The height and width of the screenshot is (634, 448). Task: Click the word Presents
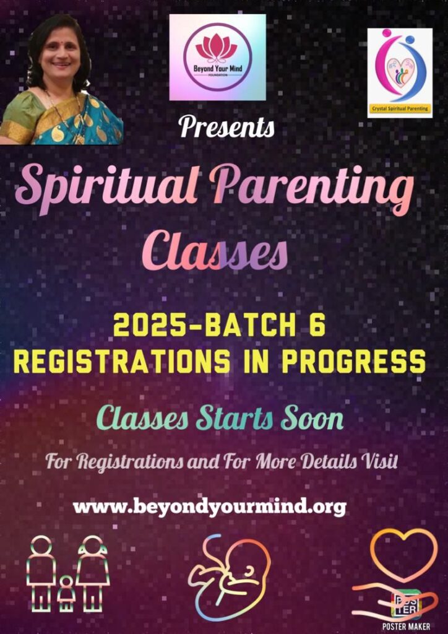pos(227,126)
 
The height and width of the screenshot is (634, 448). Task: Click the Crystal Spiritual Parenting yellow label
pos(400,108)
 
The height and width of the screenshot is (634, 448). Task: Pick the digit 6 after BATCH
pos(318,326)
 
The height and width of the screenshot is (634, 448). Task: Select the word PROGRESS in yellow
pos(353,362)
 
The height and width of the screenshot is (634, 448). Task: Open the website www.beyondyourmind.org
pos(210,507)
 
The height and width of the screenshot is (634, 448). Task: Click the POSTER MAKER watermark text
pos(400,627)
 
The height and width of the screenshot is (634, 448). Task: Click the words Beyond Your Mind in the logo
pos(218,69)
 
